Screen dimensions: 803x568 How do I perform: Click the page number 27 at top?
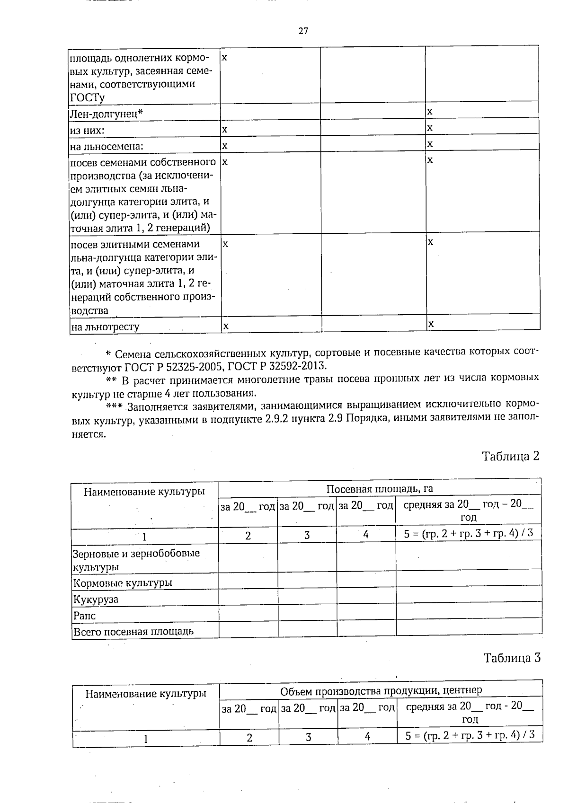coord(303,31)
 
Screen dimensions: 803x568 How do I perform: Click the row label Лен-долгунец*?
coord(106,114)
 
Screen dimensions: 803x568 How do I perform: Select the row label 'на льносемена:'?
coord(106,146)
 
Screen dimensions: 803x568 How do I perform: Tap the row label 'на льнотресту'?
coord(105,326)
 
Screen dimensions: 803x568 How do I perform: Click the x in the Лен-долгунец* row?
coord(430,112)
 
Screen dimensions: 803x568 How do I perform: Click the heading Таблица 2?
coord(510,456)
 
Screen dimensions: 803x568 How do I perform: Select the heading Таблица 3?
coord(511,658)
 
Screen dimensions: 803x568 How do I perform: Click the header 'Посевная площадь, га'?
coord(380,489)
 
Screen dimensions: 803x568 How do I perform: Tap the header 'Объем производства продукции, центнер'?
coord(381,690)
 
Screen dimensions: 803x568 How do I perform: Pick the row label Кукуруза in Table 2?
coord(96,600)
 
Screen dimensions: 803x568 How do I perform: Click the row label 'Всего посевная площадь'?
coord(133,631)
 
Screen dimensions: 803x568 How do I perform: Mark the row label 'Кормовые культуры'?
coord(122,583)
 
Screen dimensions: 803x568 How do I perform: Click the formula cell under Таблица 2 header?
coord(468,533)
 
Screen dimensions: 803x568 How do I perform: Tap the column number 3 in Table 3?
coord(308,737)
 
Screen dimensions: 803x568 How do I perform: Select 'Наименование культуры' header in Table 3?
coord(145,694)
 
